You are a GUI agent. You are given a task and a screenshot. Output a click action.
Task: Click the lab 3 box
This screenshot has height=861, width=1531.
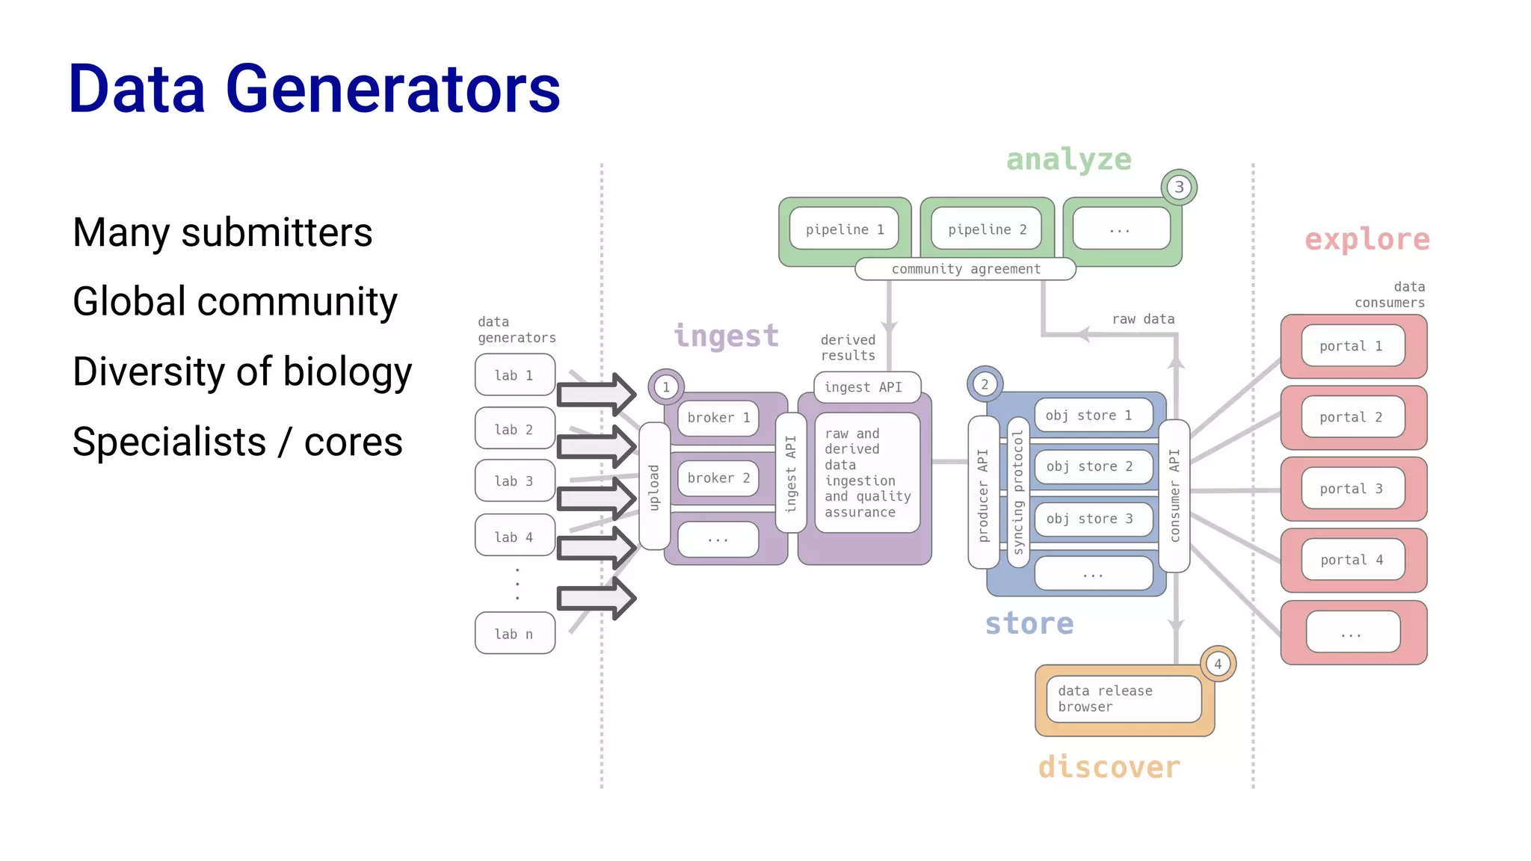click(514, 481)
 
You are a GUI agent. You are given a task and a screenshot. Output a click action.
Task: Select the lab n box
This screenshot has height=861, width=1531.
click(514, 634)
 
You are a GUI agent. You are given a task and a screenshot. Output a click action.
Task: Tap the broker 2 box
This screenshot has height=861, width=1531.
click(718, 478)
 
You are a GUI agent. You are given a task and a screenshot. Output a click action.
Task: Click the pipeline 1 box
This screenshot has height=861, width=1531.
click(844, 229)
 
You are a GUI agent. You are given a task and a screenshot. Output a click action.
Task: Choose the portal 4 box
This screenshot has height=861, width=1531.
click(1352, 560)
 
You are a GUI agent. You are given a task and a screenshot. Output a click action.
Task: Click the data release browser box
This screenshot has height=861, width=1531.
click(1123, 699)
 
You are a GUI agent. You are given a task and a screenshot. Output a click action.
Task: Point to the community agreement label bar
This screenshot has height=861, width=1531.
click(965, 269)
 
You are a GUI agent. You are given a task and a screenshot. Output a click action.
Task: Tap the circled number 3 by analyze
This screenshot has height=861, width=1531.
click(1179, 187)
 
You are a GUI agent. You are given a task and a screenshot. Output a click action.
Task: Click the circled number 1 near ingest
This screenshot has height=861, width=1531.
click(666, 387)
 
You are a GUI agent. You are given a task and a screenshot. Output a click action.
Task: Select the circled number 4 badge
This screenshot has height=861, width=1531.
click(1218, 664)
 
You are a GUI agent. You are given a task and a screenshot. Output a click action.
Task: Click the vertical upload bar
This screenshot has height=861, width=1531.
click(654, 487)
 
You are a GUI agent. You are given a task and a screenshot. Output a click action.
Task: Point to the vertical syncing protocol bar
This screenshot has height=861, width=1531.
click(1017, 492)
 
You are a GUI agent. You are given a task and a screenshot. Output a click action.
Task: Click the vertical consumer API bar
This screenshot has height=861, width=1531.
click(1174, 495)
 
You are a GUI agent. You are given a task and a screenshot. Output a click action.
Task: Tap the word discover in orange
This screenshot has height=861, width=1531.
click(1109, 768)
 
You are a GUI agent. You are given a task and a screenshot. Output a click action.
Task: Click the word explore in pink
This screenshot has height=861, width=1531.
click(1367, 240)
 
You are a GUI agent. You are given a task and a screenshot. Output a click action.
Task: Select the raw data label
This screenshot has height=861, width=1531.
click(1143, 319)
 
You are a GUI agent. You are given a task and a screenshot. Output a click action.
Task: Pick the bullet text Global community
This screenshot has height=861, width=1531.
click(235, 302)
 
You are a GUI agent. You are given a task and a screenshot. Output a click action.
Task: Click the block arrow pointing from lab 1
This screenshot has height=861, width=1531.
click(596, 394)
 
